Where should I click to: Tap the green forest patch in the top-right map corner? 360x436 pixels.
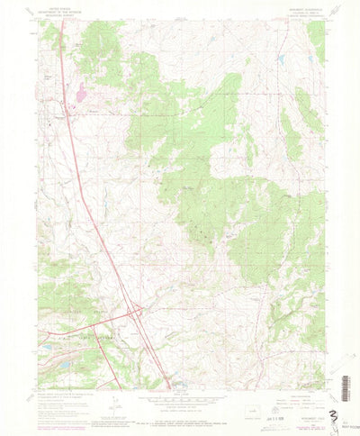click(316, 36)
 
